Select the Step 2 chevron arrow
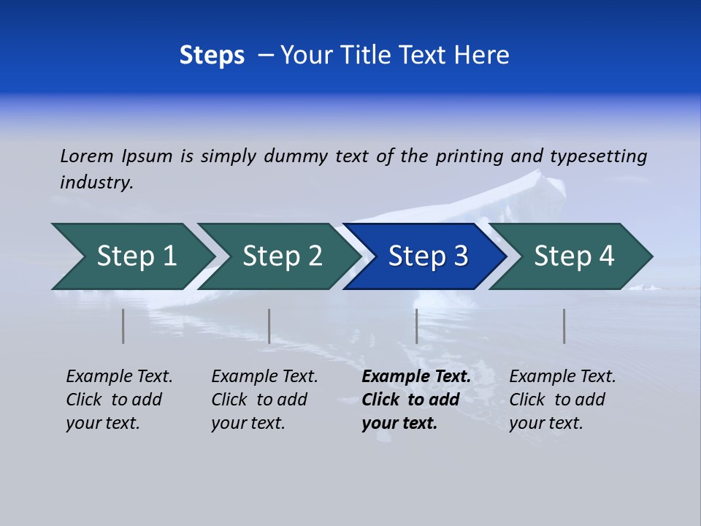point(282,256)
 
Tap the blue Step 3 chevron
point(428,256)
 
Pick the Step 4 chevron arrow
point(574,256)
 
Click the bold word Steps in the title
point(212,56)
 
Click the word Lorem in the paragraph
point(87,156)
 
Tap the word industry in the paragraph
point(96,183)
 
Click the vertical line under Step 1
point(123,326)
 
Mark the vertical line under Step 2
point(269,326)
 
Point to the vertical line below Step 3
point(416,326)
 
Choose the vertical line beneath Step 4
point(564,326)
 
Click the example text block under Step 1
point(119,400)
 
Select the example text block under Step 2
point(264,400)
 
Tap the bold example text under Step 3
point(416,400)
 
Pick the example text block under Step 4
point(562,400)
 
